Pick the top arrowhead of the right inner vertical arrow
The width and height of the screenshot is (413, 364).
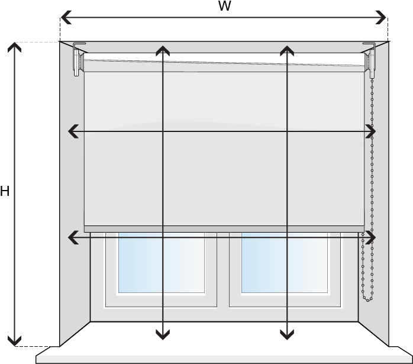coord(287,50)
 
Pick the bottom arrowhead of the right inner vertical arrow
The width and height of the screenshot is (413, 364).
coord(287,336)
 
